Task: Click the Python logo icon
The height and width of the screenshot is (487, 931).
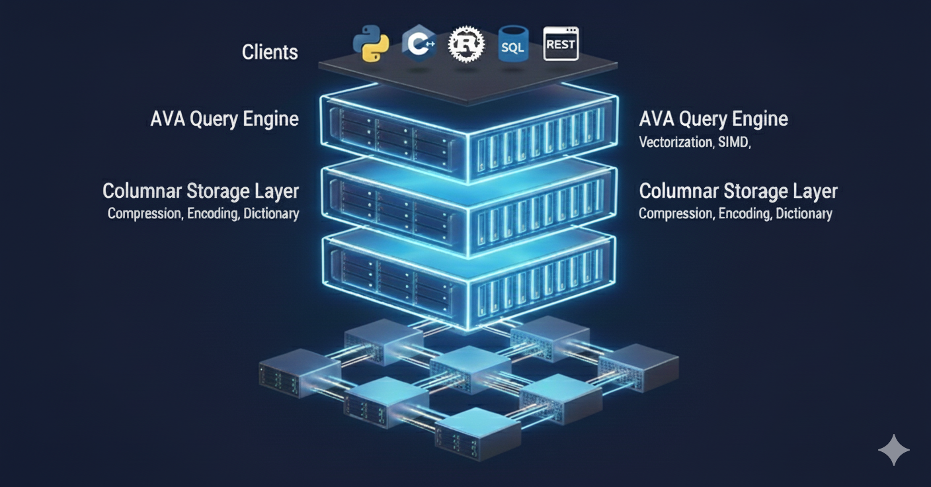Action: pyautogui.click(x=371, y=44)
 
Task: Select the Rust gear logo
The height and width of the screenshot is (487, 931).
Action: pyautogui.click(x=466, y=45)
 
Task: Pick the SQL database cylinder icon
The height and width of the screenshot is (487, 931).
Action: pyautogui.click(x=513, y=44)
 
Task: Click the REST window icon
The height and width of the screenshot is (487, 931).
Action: pyautogui.click(x=561, y=44)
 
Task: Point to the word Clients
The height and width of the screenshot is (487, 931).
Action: pyautogui.click(x=270, y=52)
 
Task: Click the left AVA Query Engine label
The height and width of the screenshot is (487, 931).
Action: pyautogui.click(x=225, y=119)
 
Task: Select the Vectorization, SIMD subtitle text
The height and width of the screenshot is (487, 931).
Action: pyautogui.click(x=694, y=142)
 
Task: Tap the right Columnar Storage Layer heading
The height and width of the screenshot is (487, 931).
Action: pyautogui.click(x=738, y=191)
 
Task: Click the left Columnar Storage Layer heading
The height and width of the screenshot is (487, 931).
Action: pyautogui.click(x=200, y=191)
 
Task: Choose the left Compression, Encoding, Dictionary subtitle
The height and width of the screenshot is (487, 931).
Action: pyautogui.click(x=203, y=214)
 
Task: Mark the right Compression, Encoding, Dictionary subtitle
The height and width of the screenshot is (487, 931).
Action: pyautogui.click(x=735, y=214)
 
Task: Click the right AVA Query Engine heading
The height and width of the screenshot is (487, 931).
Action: pyautogui.click(x=713, y=119)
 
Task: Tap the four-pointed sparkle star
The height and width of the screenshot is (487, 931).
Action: pyautogui.click(x=893, y=450)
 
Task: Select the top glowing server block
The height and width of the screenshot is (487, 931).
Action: pyautogui.click(x=468, y=136)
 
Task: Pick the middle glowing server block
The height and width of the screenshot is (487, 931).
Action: pyautogui.click(x=468, y=208)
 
